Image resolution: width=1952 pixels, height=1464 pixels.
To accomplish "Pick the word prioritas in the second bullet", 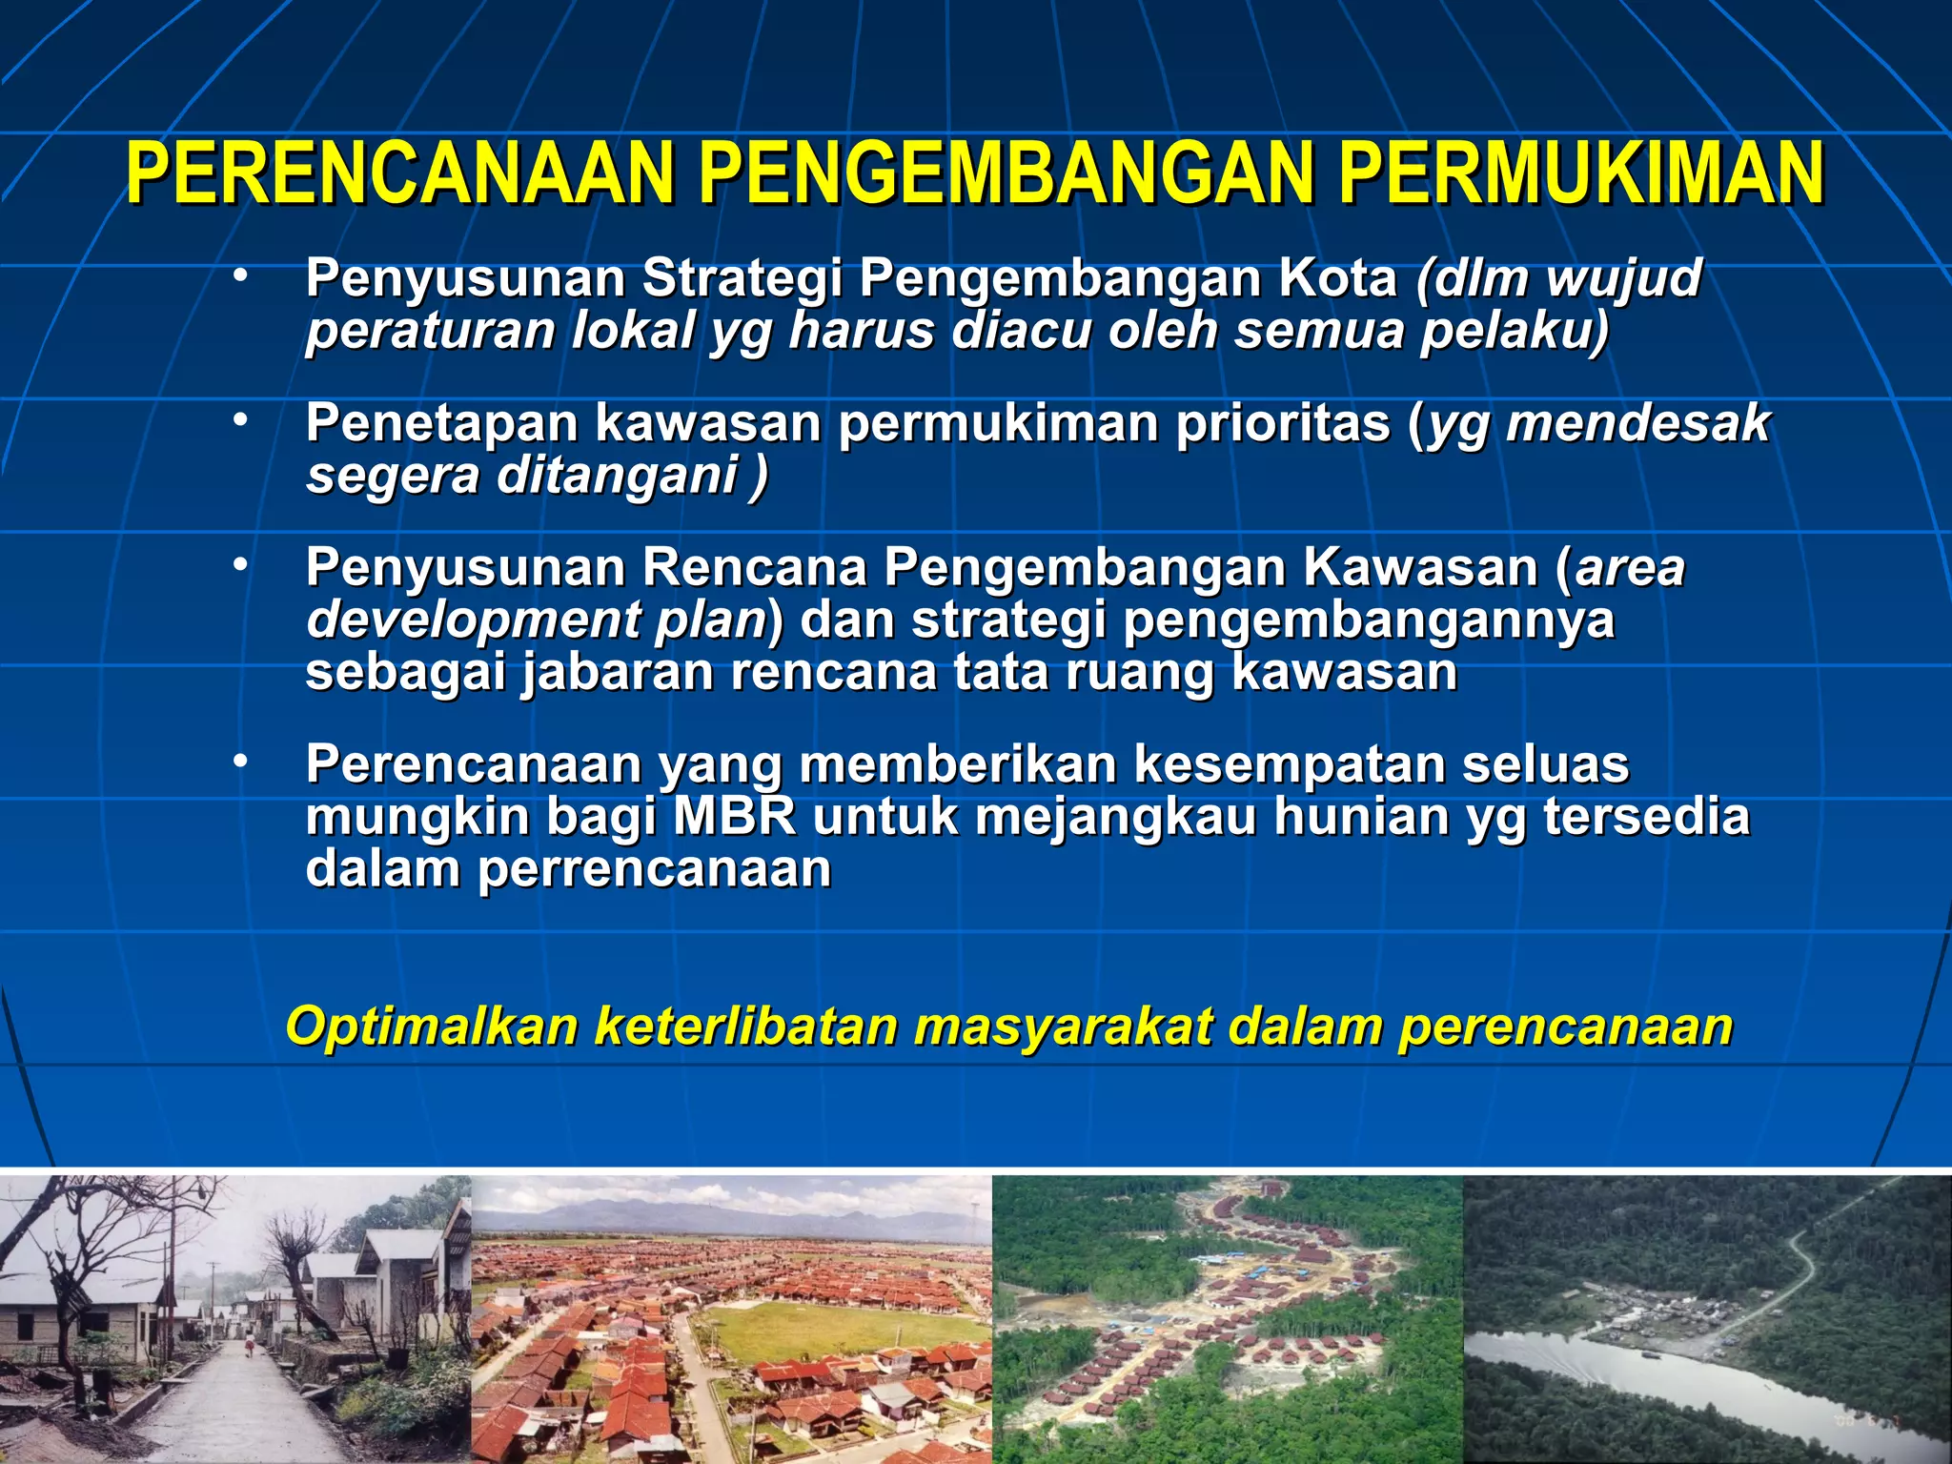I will click(x=1283, y=423).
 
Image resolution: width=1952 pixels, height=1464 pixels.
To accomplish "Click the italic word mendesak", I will click(x=1638, y=423).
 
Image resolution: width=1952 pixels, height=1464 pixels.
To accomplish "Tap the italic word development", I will click(x=473, y=621).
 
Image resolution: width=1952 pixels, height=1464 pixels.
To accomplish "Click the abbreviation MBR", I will click(x=735, y=817).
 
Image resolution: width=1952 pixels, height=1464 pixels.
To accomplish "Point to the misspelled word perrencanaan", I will click(x=654, y=870).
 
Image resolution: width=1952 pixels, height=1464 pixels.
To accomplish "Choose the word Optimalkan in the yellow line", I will click(x=432, y=1027).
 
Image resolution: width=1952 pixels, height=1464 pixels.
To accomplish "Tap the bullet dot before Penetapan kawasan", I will click(x=240, y=418).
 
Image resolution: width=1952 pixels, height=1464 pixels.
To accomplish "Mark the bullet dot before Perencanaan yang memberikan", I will click(x=240, y=760).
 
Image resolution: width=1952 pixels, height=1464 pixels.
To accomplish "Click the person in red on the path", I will click(x=251, y=1348).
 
